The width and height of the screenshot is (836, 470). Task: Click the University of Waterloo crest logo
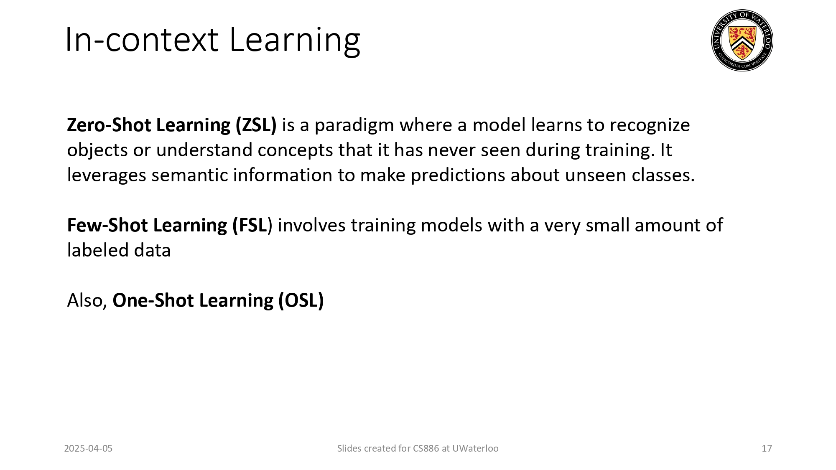point(742,41)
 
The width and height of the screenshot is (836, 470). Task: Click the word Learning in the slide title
point(295,41)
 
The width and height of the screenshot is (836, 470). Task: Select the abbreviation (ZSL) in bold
point(256,125)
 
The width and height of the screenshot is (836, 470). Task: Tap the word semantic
point(189,175)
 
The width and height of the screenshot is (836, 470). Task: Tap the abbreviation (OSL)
point(301,300)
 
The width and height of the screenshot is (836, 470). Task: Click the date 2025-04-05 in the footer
point(88,448)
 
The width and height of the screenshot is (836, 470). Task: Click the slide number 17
point(767,448)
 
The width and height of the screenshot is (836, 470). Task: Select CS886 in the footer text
point(426,448)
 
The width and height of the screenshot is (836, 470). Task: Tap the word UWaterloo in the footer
point(475,448)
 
